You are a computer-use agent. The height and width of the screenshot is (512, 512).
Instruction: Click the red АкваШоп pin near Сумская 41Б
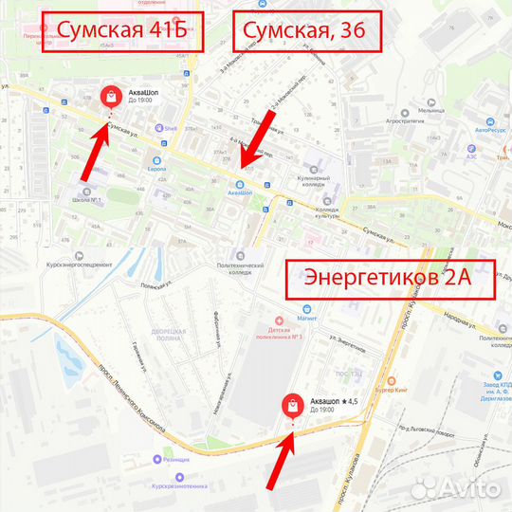coord(111,97)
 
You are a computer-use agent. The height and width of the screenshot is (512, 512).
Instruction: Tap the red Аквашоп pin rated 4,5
coord(293,406)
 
